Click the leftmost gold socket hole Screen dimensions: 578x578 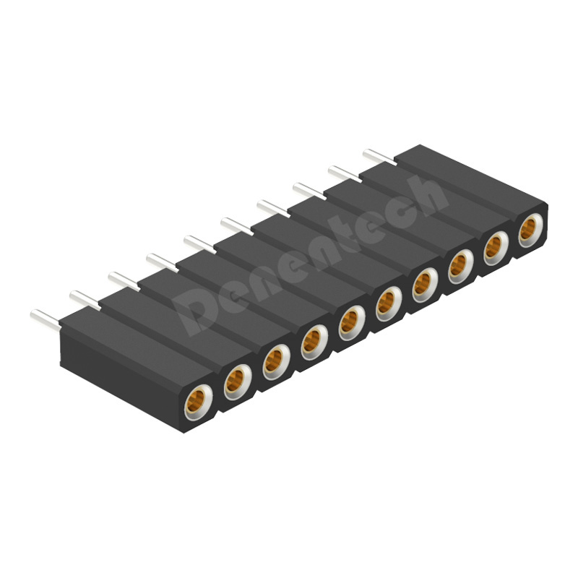click(x=198, y=402)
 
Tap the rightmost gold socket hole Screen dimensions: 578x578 click(x=531, y=230)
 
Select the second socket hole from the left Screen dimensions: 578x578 click(x=238, y=382)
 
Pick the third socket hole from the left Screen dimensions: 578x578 click(x=276, y=362)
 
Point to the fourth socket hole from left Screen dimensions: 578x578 click(x=314, y=342)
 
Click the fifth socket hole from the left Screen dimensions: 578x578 click(x=352, y=323)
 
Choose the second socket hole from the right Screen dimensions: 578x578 click(x=496, y=249)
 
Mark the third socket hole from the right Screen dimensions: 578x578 click(x=461, y=267)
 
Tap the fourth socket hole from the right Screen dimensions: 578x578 click(x=425, y=285)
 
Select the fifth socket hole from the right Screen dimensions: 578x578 click(x=389, y=303)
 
